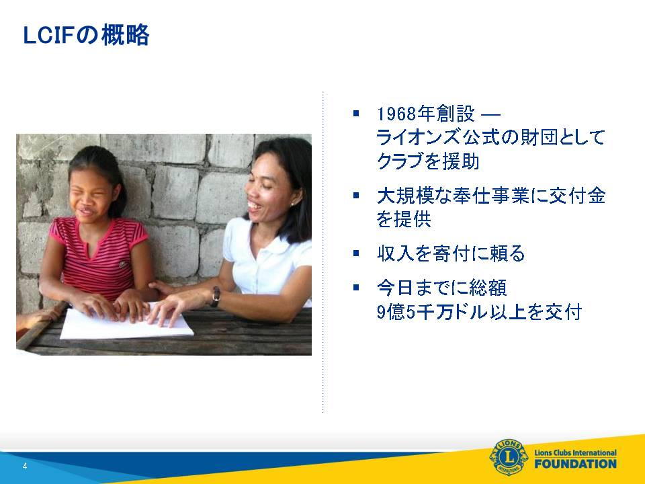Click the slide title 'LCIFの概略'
point(86,35)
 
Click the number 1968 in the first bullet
point(396,114)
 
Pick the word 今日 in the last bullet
point(395,288)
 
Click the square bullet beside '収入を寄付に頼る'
point(356,253)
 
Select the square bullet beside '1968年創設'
point(356,113)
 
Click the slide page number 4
point(25,466)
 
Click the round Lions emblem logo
point(509,457)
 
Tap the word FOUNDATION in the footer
point(576,464)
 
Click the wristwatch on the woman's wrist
point(216,296)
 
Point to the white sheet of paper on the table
point(126,322)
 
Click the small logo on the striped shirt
point(123,264)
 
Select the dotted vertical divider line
point(323,252)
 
